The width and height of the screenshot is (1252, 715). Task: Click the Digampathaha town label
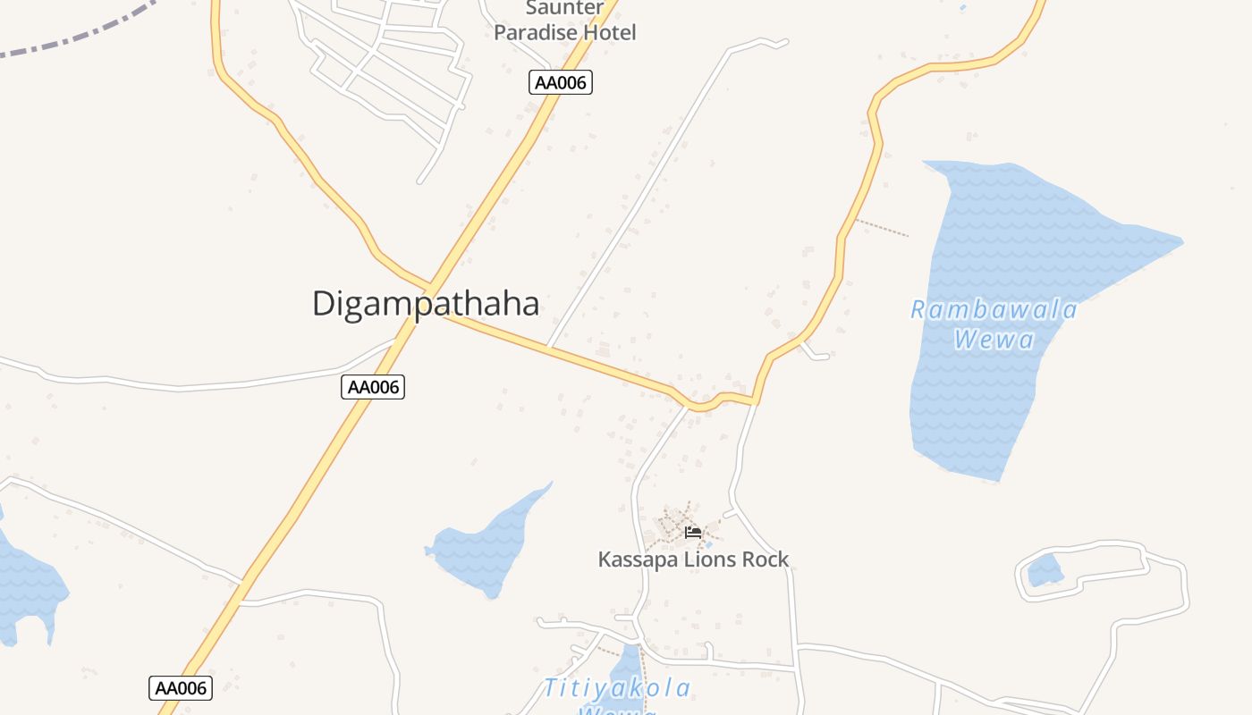426,304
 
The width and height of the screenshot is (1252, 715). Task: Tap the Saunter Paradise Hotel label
564,21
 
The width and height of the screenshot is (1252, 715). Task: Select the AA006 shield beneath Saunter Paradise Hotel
561,82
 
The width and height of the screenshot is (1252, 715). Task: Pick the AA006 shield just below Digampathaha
373,387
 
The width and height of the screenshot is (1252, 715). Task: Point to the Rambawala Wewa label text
994,324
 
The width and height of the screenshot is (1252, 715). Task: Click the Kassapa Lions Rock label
693,559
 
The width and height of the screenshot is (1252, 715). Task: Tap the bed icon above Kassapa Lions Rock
693,533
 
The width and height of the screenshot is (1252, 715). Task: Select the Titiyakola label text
617,687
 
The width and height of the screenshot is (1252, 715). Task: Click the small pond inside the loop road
1045,569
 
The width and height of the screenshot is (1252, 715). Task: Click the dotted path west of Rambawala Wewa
881,227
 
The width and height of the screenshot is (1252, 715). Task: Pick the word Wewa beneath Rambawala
994,340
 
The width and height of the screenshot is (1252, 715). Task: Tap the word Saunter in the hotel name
564,9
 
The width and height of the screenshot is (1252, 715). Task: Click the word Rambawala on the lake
994,310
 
